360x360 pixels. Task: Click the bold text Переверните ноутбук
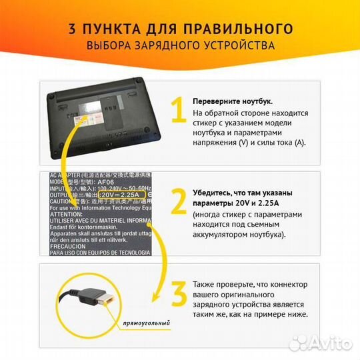tap(232, 101)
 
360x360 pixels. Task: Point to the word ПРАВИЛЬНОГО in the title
tap(244, 29)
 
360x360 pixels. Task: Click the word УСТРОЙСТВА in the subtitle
tap(235, 46)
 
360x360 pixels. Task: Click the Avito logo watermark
tap(327, 343)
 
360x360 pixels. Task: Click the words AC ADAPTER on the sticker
tap(67, 175)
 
